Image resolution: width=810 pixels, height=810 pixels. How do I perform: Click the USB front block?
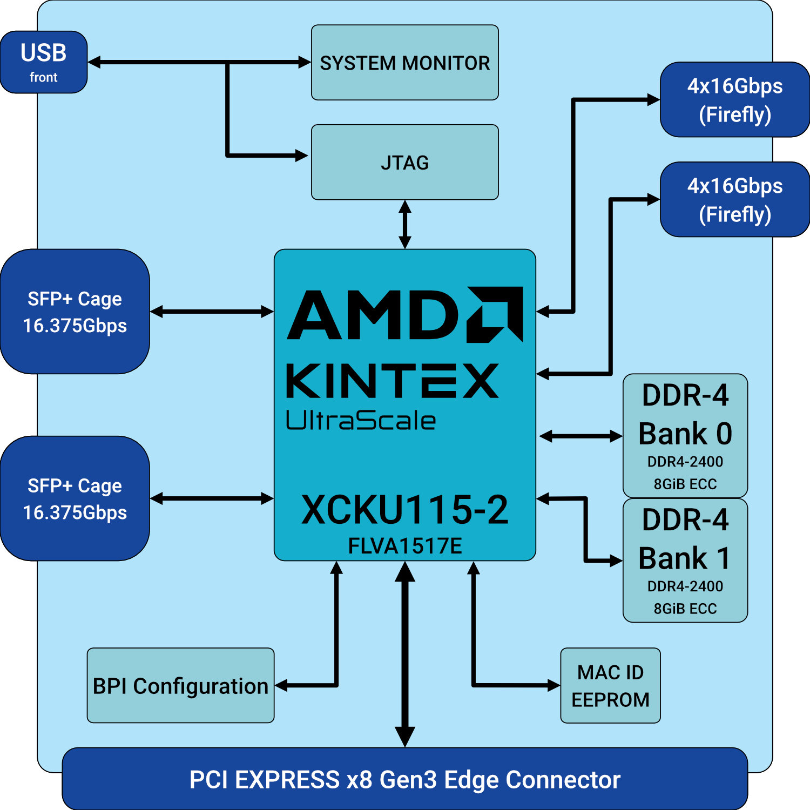click(x=44, y=62)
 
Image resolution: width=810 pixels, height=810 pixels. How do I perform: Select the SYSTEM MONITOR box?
click(x=404, y=63)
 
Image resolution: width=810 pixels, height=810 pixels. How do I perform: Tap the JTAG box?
click(x=404, y=162)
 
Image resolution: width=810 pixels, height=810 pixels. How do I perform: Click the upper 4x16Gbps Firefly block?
click(x=734, y=100)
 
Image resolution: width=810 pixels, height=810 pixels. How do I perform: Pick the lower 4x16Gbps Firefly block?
click(x=734, y=200)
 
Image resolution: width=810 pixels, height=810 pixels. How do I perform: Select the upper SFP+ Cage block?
click(x=75, y=312)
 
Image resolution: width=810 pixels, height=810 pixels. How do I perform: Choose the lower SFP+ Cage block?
click(x=75, y=498)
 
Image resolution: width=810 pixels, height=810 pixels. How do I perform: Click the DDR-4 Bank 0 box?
click(x=685, y=436)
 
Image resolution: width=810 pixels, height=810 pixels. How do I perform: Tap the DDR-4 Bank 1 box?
click(x=685, y=561)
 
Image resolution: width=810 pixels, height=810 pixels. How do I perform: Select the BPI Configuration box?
click(x=180, y=685)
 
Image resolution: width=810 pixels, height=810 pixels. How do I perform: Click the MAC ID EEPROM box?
click(x=610, y=685)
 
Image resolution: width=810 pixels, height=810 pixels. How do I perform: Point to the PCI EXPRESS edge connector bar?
click(x=404, y=779)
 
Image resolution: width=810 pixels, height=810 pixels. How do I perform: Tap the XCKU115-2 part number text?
click(x=404, y=509)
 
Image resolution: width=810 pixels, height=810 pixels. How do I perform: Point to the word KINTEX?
click(x=393, y=381)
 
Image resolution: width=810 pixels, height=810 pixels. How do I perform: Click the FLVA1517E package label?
click(x=404, y=546)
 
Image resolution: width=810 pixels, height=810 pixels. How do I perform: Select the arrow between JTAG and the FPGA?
click(x=405, y=224)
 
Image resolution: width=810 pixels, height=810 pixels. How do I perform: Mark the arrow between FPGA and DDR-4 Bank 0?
click(x=580, y=436)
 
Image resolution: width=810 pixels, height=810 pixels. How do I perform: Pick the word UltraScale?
click(x=360, y=421)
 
